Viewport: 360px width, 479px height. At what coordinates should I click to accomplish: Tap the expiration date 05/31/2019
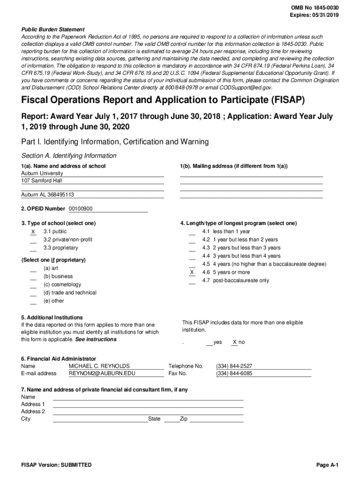pos(325,15)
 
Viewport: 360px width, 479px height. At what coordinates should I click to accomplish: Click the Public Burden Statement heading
pos(53,29)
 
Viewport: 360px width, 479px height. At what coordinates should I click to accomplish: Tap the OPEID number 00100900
pos(80,209)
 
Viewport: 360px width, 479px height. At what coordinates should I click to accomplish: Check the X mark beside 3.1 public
pos(33,232)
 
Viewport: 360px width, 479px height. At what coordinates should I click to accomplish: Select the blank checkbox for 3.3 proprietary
pos(33,248)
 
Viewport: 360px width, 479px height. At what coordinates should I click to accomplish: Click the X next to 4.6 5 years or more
pos(192,272)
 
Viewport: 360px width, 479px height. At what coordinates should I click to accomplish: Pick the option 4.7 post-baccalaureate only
pos(235,281)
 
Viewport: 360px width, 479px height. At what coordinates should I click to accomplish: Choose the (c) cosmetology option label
pos(62,285)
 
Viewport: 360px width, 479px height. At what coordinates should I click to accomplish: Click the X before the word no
pos(235,342)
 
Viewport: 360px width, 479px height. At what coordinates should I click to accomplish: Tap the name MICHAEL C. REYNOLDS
pos(99,366)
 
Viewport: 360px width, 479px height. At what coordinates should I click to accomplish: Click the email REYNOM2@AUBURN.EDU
pos(102,374)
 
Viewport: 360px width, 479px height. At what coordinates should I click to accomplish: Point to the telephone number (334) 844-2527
pos(234,366)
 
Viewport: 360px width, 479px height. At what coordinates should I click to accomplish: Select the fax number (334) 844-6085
pos(234,374)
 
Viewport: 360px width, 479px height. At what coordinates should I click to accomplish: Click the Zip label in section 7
pos(184,419)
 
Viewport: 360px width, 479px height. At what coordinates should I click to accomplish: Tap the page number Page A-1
pos(327,465)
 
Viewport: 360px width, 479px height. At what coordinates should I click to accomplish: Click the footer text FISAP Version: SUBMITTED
pos(57,465)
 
